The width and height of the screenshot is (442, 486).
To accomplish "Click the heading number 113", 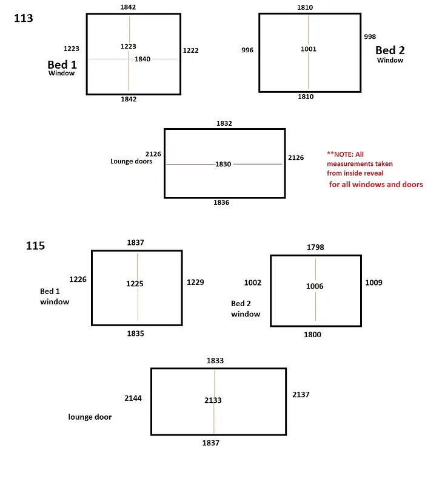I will (x=24, y=18).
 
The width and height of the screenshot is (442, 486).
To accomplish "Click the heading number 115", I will (x=35, y=246).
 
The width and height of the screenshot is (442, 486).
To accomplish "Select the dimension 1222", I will (x=190, y=50).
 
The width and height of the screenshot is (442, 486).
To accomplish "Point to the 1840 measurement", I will (x=142, y=59).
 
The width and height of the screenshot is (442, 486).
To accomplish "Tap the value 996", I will (x=247, y=50).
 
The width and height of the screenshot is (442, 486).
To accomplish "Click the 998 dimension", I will (x=370, y=37).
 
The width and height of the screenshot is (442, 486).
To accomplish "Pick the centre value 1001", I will (x=309, y=49).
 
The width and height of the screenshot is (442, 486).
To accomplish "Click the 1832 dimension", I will (x=224, y=123).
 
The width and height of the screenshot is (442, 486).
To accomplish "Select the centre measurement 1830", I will (x=223, y=165).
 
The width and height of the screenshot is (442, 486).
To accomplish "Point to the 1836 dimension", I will (x=221, y=202).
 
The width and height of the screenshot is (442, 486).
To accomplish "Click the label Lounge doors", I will (x=131, y=162).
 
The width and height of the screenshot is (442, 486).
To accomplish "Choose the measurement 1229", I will (x=195, y=282).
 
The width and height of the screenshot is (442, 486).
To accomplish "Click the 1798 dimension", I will (x=315, y=247).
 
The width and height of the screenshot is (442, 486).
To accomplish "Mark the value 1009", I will (x=373, y=282).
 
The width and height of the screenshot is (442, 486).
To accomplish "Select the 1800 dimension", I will (x=313, y=335).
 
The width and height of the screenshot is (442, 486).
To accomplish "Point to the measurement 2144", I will (x=133, y=399).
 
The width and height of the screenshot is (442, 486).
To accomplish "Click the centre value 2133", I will (x=213, y=400).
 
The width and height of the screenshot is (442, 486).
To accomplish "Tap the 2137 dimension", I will (x=301, y=395).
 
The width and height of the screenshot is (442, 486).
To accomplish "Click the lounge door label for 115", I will (x=90, y=417).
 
